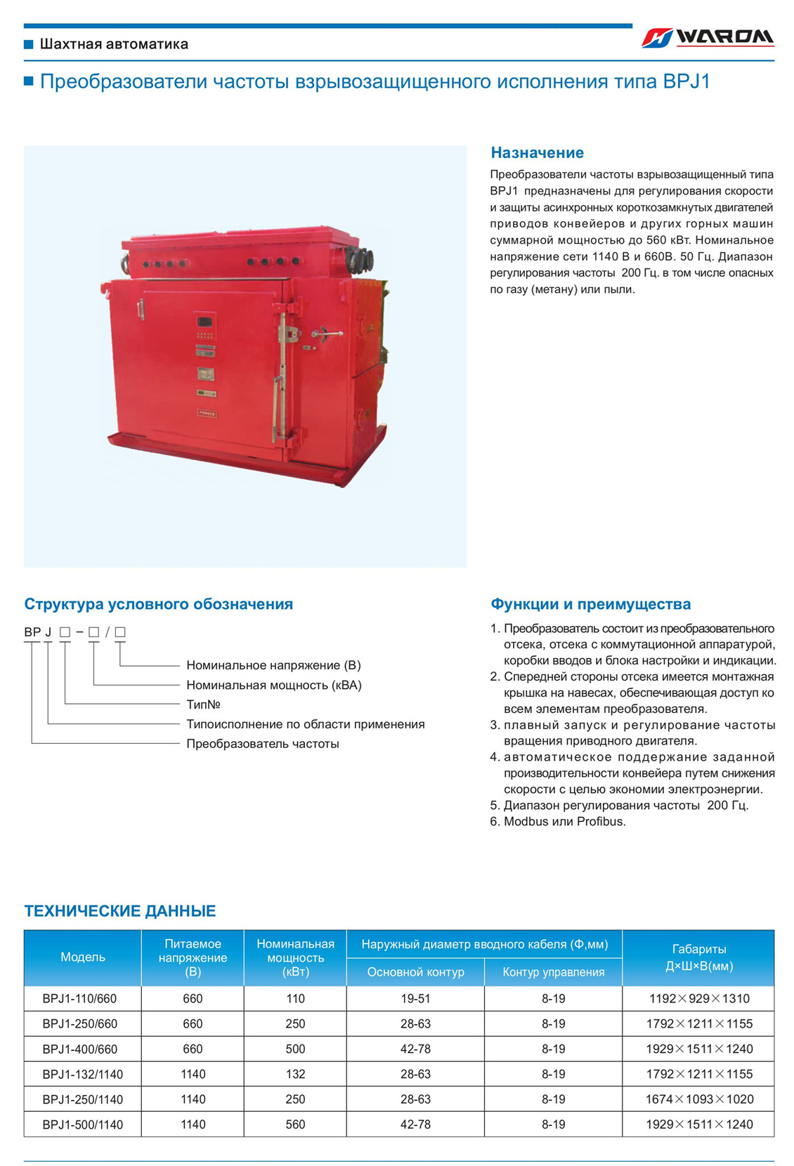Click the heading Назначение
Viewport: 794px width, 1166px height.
537,152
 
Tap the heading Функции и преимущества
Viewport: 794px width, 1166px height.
590,604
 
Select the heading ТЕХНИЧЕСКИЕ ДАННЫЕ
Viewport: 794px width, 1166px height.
120,911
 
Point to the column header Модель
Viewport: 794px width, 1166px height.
83,957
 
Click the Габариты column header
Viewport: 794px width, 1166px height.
698,957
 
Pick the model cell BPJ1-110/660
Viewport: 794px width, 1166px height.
79,999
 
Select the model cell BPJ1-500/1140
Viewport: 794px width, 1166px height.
82,1125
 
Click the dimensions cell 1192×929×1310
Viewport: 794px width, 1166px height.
698,999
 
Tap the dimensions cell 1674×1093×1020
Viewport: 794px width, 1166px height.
698,1099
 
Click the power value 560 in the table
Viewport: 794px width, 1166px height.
295,1125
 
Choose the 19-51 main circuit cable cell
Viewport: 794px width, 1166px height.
415,999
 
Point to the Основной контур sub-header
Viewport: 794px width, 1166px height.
415,972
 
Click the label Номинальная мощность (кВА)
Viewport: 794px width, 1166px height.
274,685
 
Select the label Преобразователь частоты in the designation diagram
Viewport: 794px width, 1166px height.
263,744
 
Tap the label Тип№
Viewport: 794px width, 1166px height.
203,705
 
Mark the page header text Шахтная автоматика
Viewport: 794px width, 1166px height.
114,44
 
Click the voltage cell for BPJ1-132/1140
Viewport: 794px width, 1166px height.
193,1074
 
